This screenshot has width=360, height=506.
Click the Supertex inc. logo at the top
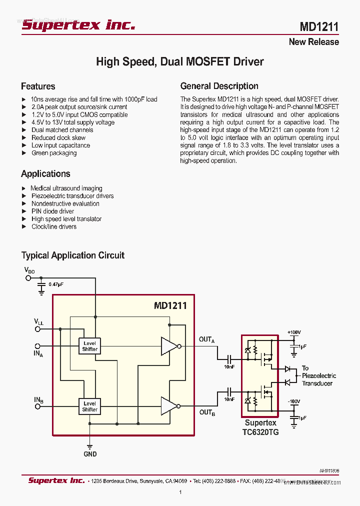(78, 25)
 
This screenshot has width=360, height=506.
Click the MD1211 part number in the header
(319, 26)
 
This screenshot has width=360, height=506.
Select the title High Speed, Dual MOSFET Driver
(179, 62)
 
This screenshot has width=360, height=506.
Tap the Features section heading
(38, 86)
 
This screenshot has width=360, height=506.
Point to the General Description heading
(219, 86)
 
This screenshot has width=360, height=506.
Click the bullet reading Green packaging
(54, 153)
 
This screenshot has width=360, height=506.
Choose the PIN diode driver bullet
(52, 211)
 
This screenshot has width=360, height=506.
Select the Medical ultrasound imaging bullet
(66, 188)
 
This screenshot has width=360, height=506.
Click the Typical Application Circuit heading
(72, 255)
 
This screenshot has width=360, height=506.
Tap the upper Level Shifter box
(89, 346)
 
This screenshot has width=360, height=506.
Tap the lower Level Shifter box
(89, 406)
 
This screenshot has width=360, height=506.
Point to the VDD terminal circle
(28, 277)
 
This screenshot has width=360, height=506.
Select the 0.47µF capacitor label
(56, 284)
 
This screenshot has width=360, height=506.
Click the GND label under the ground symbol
(90, 454)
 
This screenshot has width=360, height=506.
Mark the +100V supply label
(294, 332)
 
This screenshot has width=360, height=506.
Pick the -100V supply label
(293, 401)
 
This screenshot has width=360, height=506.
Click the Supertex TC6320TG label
(260, 427)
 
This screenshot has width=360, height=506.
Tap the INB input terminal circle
(37, 406)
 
